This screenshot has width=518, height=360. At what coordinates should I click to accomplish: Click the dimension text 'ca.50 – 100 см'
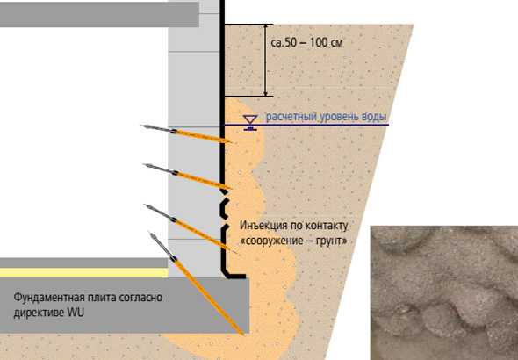tap(306, 42)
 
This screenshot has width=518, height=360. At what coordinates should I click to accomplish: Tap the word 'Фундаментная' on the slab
tap(49, 298)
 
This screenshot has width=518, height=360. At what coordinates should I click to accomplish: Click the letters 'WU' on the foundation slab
tap(76, 312)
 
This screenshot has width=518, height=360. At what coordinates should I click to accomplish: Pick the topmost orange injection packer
tap(186, 133)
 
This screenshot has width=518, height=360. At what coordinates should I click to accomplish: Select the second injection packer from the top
tap(188, 176)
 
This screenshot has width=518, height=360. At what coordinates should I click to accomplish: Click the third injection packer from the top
tap(191, 228)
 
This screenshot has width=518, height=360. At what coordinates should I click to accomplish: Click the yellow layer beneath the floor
tap(84, 273)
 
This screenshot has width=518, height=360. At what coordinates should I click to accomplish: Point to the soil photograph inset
tap(444, 293)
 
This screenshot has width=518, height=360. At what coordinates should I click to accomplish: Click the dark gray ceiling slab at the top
tap(99, 14)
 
